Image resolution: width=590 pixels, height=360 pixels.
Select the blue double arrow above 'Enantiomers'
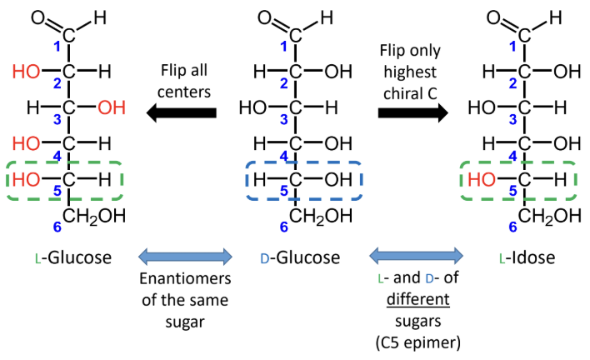click(x=184, y=254)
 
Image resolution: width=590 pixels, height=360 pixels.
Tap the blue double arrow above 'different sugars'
click(x=417, y=254)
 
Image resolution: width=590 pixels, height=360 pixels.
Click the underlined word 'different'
click(x=417, y=297)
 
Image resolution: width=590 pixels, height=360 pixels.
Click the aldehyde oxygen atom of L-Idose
click(x=517, y=17)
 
